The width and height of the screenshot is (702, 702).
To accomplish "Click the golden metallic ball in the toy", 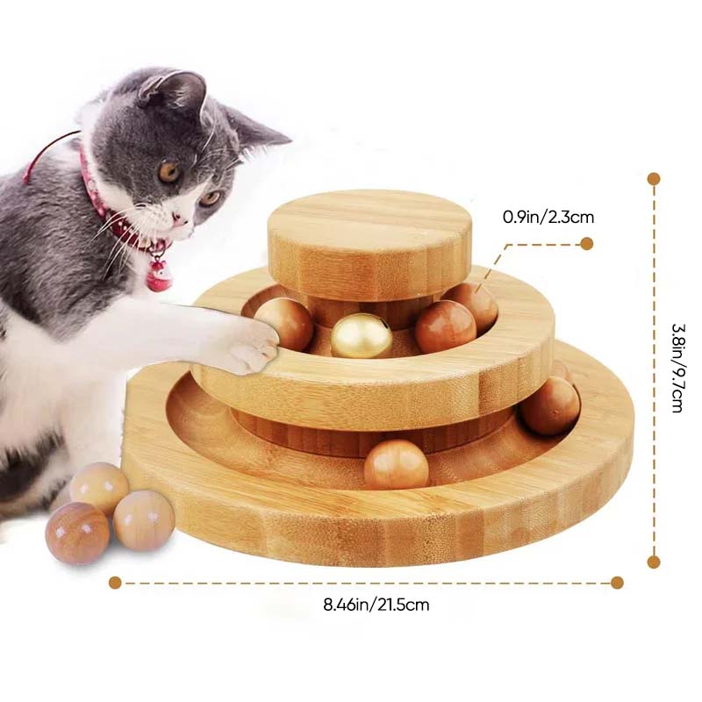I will (x=362, y=335).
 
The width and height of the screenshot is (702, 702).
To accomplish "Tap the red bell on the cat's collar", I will (x=160, y=274).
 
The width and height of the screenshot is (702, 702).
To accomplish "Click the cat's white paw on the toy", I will (x=247, y=344).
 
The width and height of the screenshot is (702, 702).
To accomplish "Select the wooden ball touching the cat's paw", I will (x=283, y=324).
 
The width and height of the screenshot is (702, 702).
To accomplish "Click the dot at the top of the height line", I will (x=653, y=179).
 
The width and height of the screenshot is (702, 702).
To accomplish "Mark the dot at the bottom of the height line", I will (x=653, y=562).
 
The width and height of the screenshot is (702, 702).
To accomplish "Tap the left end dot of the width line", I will (x=115, y=582).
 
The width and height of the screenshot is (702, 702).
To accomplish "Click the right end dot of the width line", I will (x=617, y=582).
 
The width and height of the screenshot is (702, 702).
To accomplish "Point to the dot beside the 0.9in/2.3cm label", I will (x=587, y=244).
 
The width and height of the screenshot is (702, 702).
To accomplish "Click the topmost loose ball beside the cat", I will (x=99, y=488).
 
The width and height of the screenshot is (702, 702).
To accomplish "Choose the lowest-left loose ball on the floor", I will (x=77, y=533).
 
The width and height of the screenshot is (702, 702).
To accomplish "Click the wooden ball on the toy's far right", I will (x=550, y=406).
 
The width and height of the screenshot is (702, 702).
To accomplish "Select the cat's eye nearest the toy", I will (x=209, y=197).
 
